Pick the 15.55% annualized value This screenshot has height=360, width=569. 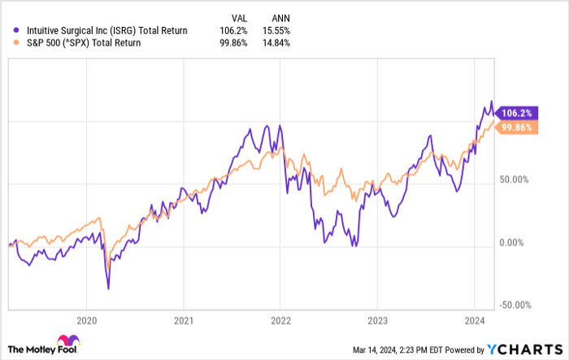point(276,31)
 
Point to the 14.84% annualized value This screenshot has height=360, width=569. point(276,42)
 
